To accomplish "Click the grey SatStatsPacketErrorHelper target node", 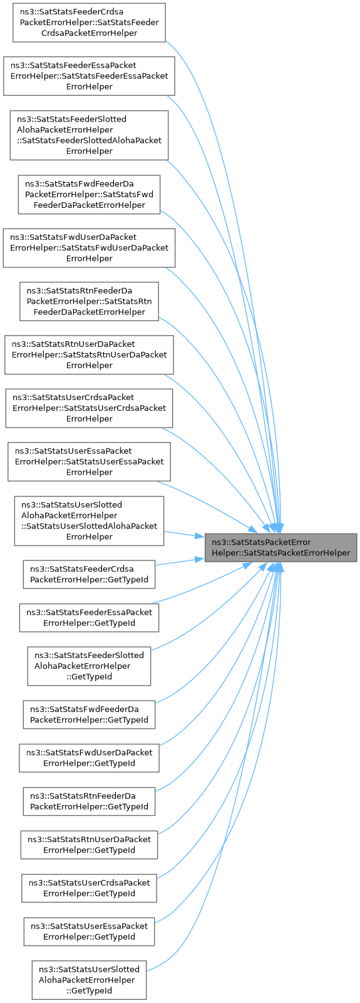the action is pos(280,548).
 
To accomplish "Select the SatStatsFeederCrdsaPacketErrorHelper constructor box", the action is pos(89,23).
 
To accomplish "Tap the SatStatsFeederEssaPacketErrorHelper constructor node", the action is pos(89,76).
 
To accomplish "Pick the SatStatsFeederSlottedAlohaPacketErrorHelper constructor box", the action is pos(89,135).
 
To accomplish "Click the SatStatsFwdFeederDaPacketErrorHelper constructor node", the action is pos(89,194).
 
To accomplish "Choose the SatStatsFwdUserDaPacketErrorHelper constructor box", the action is pos(89,248).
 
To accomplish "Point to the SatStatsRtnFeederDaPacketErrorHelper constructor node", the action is pos(89,301).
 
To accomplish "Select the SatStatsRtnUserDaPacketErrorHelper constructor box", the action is pos(89,354).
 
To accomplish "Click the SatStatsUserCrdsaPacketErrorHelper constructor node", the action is pos(89,408).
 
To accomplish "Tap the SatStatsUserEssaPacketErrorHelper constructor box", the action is pos(89,461).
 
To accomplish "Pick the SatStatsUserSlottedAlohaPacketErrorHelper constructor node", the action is pos(89,521).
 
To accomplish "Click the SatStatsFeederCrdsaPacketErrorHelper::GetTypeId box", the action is pos(89,575).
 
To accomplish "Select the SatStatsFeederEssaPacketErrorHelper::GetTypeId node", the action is pos(89,618).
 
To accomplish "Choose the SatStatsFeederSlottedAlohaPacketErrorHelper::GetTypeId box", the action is pos(89,666).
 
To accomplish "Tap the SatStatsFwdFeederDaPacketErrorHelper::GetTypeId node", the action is pos(89,714).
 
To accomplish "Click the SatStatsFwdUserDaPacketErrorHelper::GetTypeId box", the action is pos(89,758).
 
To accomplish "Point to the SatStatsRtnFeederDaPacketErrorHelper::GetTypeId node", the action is pos(89,801).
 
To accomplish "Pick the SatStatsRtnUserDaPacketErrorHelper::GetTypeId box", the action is pos(89,845).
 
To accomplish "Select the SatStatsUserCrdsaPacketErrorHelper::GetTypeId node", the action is pos(89,888).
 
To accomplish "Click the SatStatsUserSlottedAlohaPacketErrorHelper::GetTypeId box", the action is pos(89,980).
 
